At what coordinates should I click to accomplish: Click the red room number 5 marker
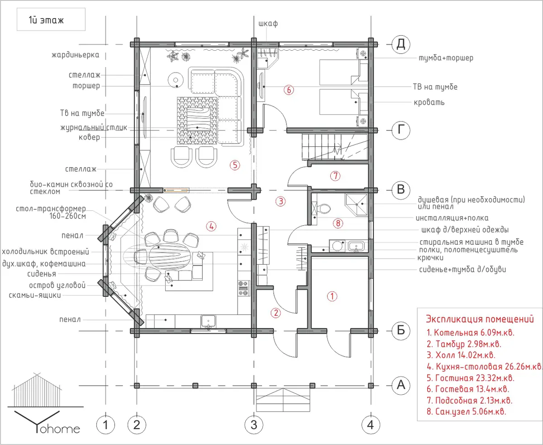pyautogui.click(x=235, y=165)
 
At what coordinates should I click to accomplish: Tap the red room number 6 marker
pyautogui.click(x=289, y=90)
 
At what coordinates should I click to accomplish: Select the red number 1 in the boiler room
pyautogui.click(x=332, y=296)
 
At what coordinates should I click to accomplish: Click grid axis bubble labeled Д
pyautogui.click(x=400, y=44)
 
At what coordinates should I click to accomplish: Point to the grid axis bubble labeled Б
pyautogui.click(x=400, y=330)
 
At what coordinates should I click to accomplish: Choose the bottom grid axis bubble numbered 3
pyautogui.click(x=253, y=425)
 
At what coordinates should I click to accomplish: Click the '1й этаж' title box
pyautogui.click(x=51, y=19)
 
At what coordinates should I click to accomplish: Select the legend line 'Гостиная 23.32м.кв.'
pyautogui.click(x=471, y=378)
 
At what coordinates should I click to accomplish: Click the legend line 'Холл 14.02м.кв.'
pyautogui.click(x=461, y=355)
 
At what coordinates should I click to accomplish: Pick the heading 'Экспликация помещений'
pyautogui.click(x=480, y=319)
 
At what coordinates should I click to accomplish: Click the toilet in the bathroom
pyautogui.click(x=324, y=208)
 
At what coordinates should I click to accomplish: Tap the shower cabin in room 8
pyautogui.click(x=356, y=204)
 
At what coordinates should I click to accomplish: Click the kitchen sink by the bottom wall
pyautogui.click(x=208, y=321)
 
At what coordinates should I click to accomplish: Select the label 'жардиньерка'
pyautogui.click(x=76, y=55)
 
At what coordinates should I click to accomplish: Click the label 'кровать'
pyautogui.click(x=429, y=102)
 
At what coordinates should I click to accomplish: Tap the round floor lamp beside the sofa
pyautogui.click(x=176, y=79)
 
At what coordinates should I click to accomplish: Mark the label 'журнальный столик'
pyautogui.click(x=94, y=127)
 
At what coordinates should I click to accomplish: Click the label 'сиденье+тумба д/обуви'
pyautogui.click(x=462, y=270)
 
